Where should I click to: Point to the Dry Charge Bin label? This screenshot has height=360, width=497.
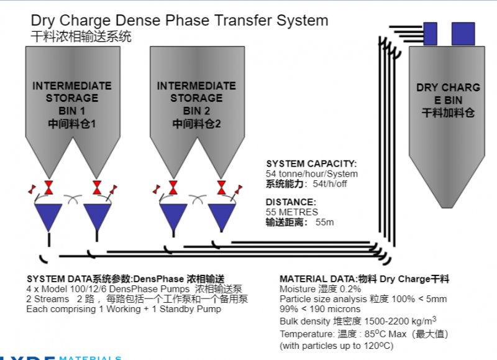448,100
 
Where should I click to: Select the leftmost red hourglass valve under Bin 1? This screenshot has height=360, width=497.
49,188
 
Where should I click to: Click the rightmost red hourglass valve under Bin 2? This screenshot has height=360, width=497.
222,188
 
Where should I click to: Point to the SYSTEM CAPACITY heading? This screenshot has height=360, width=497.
311,164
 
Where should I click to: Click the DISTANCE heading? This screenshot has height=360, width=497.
291,201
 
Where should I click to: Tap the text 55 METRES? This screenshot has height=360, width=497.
292,211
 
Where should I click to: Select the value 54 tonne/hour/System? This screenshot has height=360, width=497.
312,173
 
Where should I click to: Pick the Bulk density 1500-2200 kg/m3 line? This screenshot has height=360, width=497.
358,321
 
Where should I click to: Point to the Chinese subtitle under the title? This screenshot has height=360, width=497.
81,37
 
